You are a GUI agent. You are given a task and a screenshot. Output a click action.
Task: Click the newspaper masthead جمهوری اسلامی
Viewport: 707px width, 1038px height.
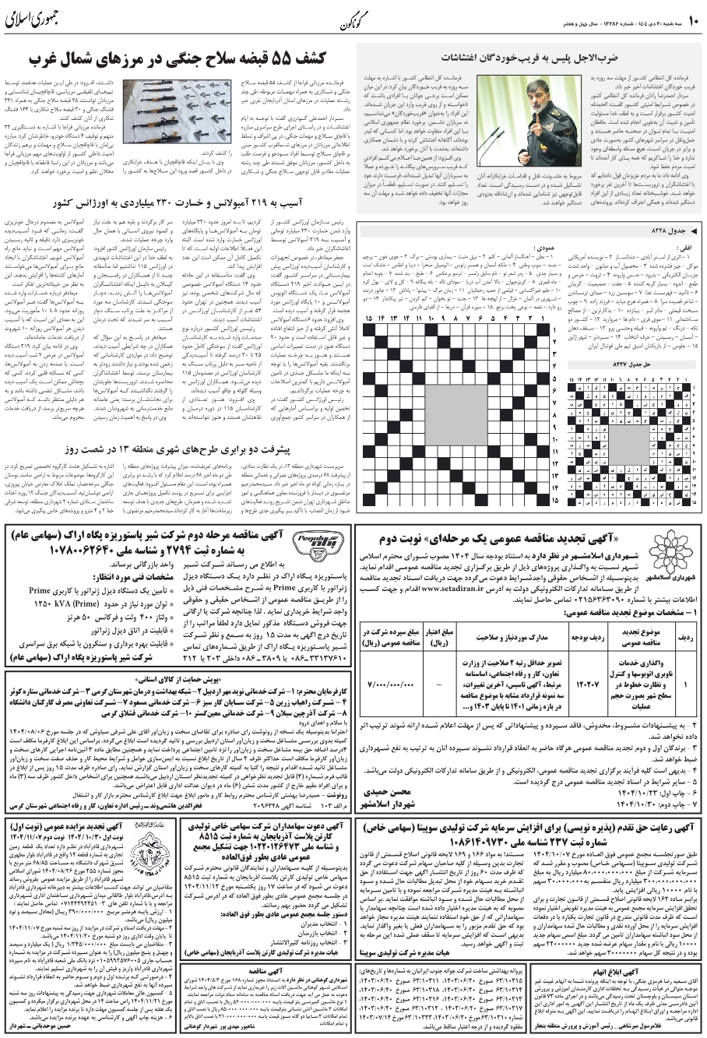(x=43, y=20)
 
